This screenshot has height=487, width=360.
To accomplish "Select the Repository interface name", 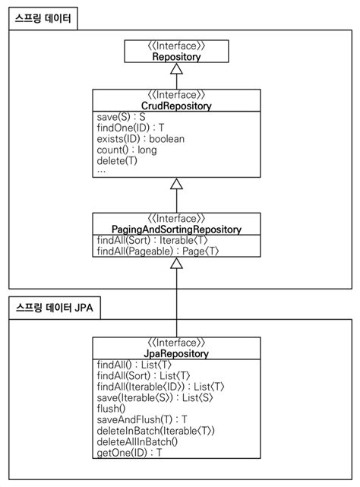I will [x=176, y=56].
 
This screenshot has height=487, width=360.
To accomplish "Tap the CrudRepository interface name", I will [x=177, y=106].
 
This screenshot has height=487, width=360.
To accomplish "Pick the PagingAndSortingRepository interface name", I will [x=176, y=229].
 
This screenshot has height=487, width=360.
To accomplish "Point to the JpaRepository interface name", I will [x=176, y=353].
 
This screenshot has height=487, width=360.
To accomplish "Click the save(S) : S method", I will [x=122, y=118].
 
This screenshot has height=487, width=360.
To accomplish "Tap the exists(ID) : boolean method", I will [x=141, y=139].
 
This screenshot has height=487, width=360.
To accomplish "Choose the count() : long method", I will [x=127, y=150].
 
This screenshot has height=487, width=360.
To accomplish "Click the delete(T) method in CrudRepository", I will [x=118, y=160].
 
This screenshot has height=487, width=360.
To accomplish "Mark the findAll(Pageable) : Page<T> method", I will [x=158, y=251].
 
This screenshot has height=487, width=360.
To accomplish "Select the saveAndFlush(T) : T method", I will [x=142, y=419].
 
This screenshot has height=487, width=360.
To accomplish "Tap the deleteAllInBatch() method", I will [x=137, y=441].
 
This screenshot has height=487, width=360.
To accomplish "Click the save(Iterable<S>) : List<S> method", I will [x=150, y=397].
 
